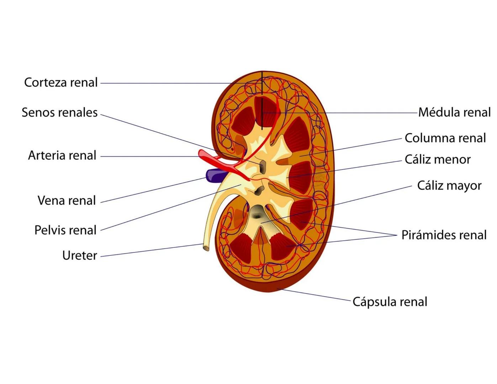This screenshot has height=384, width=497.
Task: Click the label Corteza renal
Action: [61, 82]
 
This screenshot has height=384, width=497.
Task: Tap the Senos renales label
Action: [59, 112]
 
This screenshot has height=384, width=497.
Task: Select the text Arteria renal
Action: [62, 155]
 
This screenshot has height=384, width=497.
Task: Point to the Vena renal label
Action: [67, 201]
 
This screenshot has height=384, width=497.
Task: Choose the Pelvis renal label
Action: [65, 230]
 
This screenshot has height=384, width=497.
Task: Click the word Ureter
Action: [79, 255]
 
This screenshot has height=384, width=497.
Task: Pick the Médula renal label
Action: [454, 112]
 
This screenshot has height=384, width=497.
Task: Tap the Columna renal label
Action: [445, 138]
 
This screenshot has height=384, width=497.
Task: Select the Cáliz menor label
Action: [438, 159]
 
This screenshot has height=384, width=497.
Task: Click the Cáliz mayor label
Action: [449, 185]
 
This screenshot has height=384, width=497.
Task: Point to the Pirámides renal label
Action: [444, 235]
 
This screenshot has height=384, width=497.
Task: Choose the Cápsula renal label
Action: [390, 302]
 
